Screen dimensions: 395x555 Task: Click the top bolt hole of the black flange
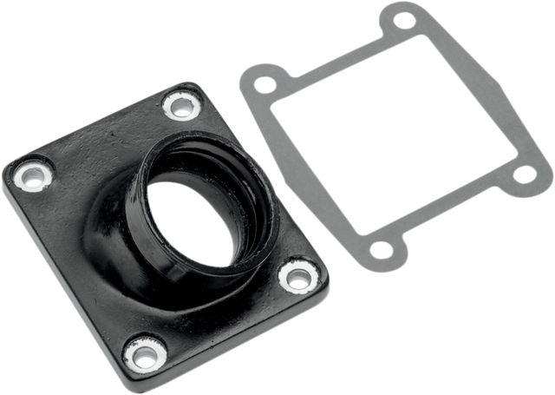click(181, 107)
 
